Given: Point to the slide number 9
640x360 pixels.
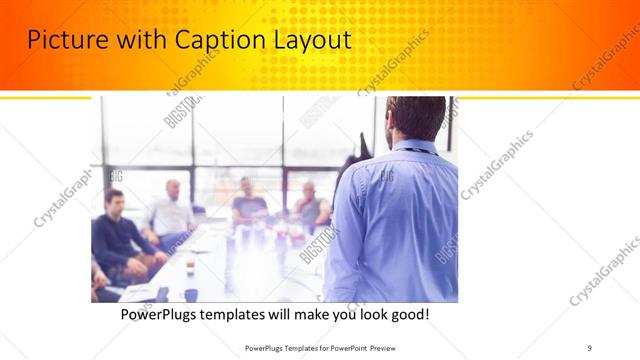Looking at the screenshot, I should (x=589, y=347).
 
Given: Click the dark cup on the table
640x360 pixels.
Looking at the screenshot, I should (x=190, y=295).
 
